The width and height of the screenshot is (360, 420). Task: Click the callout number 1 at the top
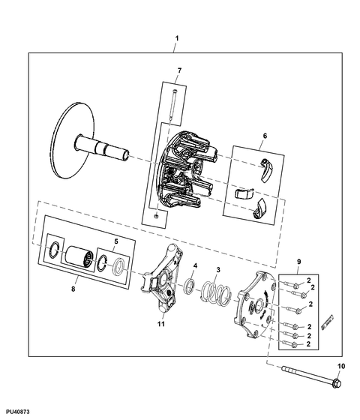tap(176, 38)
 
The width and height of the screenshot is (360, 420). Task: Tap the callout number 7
tap(179, 70)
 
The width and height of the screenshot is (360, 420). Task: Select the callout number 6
tap(265, 136)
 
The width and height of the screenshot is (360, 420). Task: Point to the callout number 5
tap(116, 241)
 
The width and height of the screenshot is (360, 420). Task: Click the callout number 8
tap(73, 289)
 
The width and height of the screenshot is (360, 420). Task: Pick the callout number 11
tap(160, 324)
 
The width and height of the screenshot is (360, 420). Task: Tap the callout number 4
tap(195, 265)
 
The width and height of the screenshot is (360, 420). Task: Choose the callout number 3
tap(218, 270)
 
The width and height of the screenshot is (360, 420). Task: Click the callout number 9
tap(298, 262)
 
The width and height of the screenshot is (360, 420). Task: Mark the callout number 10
tap(341, 366)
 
